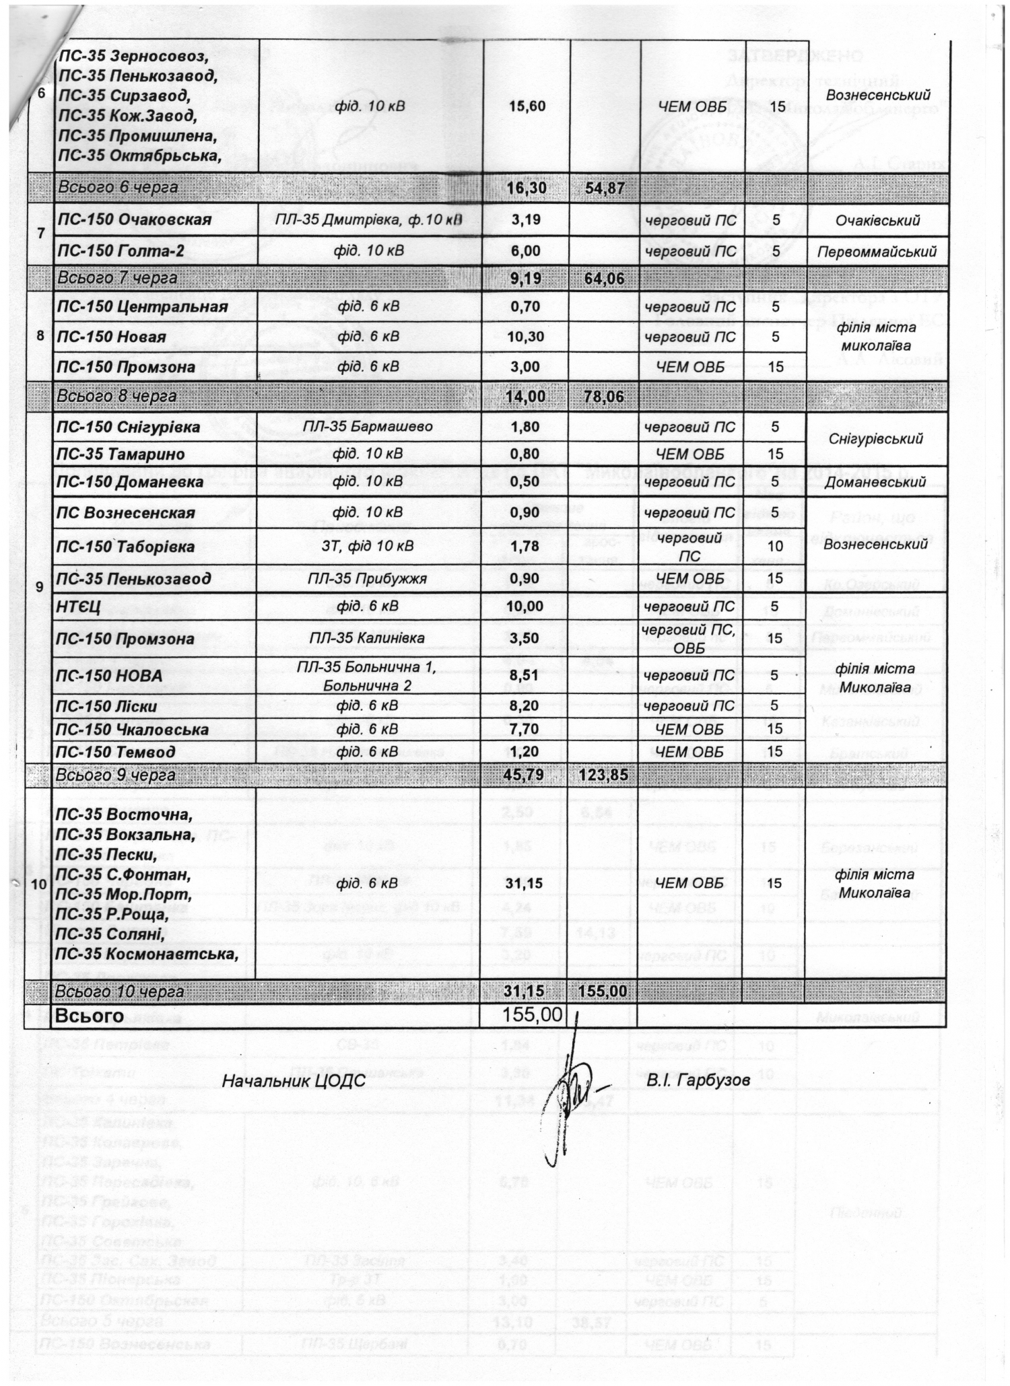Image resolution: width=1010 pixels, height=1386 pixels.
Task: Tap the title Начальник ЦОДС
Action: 294,1081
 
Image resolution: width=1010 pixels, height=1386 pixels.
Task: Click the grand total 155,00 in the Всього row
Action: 533,1014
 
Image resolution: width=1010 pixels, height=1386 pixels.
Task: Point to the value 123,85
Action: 602,775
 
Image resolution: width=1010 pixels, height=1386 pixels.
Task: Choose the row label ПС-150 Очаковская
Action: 135,220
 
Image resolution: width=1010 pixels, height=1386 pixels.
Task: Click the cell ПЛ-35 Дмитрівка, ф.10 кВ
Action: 369,220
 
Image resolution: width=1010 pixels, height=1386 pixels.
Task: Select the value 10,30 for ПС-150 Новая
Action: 526,337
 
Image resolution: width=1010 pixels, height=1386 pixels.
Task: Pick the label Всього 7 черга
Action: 118,278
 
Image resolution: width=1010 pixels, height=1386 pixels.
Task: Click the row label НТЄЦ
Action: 79,607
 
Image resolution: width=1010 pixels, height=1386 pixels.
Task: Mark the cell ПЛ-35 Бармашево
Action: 368,427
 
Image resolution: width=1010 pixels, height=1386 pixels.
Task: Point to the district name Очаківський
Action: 877,220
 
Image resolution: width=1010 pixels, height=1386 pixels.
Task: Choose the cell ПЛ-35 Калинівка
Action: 368,638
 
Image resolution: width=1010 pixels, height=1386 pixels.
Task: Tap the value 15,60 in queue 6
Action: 527,106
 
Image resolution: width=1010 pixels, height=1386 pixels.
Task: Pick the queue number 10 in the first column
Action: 40,884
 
